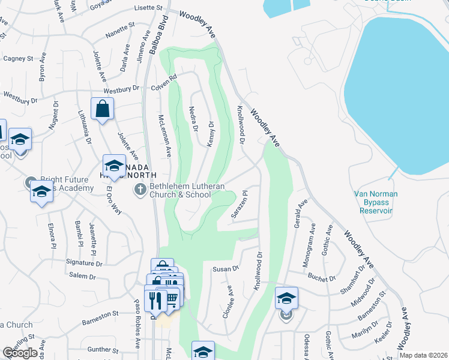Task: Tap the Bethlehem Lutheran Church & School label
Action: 187,190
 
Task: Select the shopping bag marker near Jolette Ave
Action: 102,109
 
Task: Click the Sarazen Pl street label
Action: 240,205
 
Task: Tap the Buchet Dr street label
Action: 322,278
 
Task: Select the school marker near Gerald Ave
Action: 287,298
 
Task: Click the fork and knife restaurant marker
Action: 156,300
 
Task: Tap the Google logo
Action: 20,353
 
